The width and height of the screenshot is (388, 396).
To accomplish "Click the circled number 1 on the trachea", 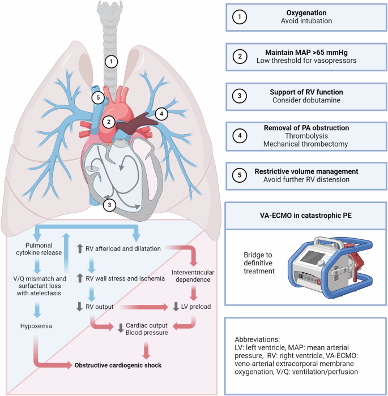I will (x=112, y=62).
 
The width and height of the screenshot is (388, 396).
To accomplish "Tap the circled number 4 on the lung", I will (x=161, y=114).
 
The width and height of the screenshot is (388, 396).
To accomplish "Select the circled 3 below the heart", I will (x=113, y=205).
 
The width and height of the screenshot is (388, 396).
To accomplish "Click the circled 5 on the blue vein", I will (x=98, y=97).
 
